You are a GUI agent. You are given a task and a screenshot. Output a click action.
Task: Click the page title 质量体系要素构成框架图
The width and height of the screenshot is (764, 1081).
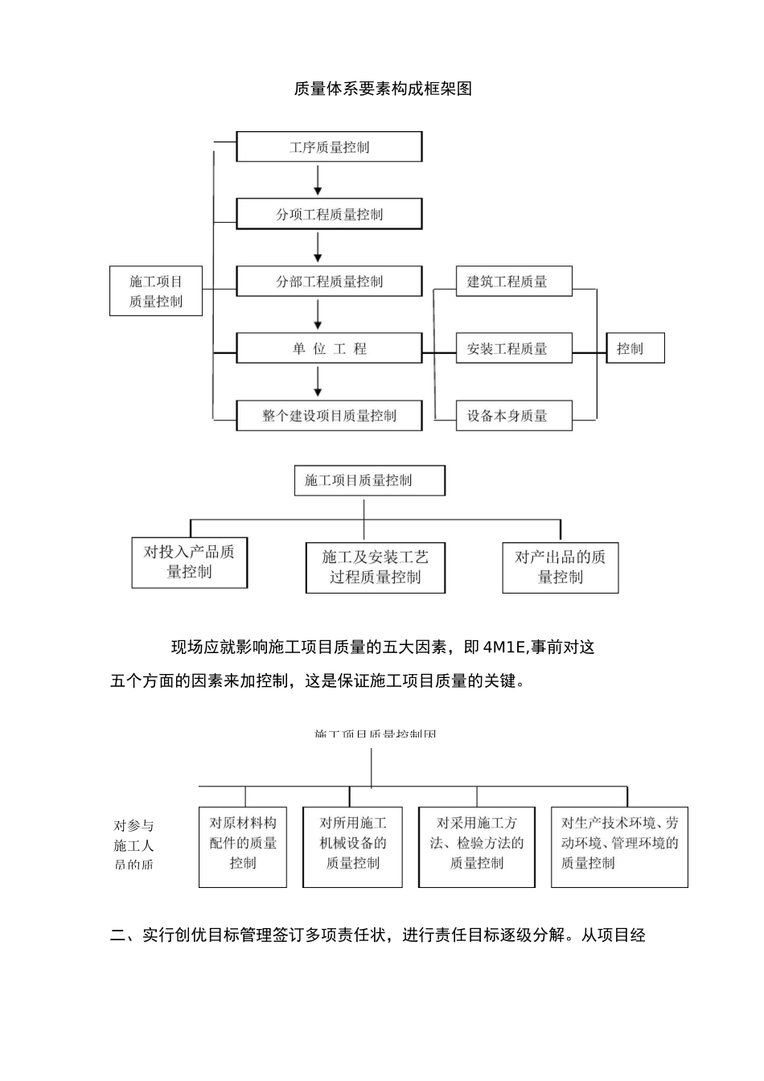pyautogui.click(x=383, y=88)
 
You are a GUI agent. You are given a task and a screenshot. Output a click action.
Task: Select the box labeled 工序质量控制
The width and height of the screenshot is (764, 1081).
pyautogui.click(x=329, y=147)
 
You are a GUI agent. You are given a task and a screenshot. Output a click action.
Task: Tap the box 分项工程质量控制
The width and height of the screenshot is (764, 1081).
pyautogui.click(x=329, y=215)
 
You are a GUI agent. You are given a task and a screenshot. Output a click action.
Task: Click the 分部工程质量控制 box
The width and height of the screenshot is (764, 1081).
pyautogui.click(x=329, y=282)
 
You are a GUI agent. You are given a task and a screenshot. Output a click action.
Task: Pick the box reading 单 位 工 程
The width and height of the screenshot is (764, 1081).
pyautogui.click(x=329, y=349)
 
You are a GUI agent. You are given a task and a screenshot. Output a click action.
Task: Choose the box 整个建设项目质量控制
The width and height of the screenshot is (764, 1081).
pyautogui.click(x=329, y=416)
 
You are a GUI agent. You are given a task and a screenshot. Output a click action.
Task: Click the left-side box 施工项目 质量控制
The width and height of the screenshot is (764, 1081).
pyautogui.click(x=156, y=291)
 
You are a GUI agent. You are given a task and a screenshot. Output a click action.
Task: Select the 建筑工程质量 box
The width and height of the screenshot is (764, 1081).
pyautogui.click(x=514, y=282)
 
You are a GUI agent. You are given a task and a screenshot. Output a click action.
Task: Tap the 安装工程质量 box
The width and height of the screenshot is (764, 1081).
pyautogui.click(x=514, y=349)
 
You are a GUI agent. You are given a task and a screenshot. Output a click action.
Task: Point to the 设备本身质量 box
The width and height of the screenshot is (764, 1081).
pyautogui.click(x=514, y=416)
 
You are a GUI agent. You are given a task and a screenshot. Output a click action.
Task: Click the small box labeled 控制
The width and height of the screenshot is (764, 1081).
pyautogui.click(x=635, y=348)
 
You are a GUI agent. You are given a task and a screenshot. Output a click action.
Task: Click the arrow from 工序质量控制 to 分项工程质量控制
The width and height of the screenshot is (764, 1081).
pyautogui.click(x=318, y=181)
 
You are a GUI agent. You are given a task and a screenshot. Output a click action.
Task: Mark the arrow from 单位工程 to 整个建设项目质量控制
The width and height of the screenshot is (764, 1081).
pyautogui.click(x=318, y=382)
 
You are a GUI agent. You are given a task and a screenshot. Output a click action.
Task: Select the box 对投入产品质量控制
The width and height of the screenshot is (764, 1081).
pyautogui.click(x=190, y=562)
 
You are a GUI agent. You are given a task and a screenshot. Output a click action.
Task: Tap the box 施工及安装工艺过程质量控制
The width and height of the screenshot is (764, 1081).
pyautogui.click(x=375, y=567)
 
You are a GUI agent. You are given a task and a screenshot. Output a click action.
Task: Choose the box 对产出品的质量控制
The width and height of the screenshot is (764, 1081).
pyautogui.click(x=560, y=567)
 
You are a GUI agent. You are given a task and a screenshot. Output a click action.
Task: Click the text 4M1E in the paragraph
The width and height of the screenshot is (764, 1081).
pyautogui.click(x=504, y=647)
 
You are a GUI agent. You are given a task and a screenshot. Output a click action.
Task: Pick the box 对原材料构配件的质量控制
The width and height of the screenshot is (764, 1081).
pyautogui.click(x=243, y=847)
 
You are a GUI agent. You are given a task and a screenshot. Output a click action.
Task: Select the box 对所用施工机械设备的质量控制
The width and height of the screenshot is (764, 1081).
pyautogui.click(x=352, y=847)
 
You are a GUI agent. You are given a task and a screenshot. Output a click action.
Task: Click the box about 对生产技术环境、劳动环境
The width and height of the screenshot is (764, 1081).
pyautogui.click(x=619, y=847)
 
